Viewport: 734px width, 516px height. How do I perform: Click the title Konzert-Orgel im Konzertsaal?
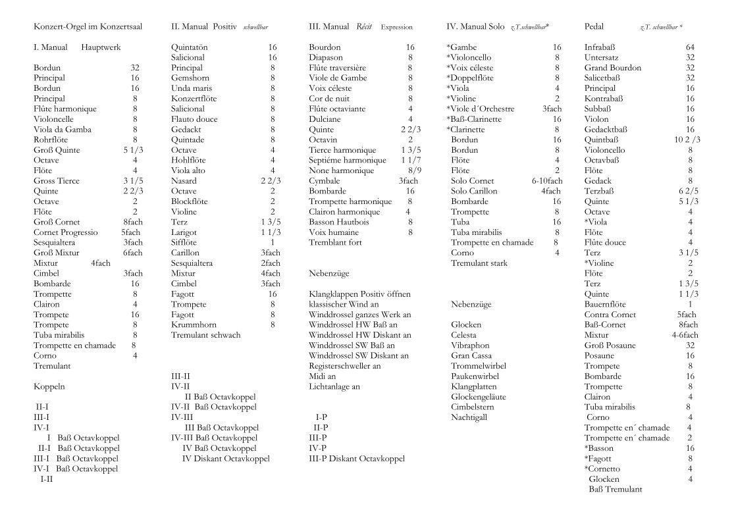click(x=88, y=27)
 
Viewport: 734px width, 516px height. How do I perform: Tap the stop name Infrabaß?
click(x=602, y=47)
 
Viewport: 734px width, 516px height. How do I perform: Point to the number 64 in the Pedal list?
click(x=690, y=47)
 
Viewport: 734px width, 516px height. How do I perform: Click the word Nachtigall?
click(x=469, y=417)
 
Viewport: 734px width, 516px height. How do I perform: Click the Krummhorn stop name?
click(x=193, y=324)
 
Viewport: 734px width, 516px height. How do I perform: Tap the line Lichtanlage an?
click(x=334, y=386)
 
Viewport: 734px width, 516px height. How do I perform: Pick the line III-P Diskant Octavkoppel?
click(x=357, y=458)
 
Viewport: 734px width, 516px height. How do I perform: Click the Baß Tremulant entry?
click(x=615, y=489)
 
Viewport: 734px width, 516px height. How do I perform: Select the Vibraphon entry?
click(x=469, y=345)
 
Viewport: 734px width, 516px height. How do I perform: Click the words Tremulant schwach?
click(x=205, y=335)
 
